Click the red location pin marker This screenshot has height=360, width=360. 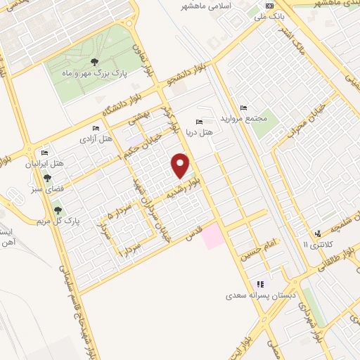(181, 165)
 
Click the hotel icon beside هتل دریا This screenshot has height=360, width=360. (202, 121)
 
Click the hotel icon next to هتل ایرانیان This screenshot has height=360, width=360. (45, 153)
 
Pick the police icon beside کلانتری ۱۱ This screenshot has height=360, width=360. (317, 233)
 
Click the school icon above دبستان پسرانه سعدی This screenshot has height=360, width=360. (260, 284)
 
